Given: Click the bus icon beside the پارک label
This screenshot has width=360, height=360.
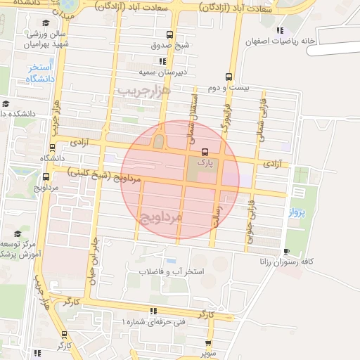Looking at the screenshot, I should [x=205, y=152].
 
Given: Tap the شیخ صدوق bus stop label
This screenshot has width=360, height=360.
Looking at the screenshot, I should [x=169, y=46].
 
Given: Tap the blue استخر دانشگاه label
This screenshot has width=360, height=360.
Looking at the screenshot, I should [x=41, y=73].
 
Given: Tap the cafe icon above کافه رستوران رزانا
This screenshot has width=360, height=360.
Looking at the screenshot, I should [x=285, y=251].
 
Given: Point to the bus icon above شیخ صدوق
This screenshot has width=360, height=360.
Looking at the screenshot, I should [x=169, y=34].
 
